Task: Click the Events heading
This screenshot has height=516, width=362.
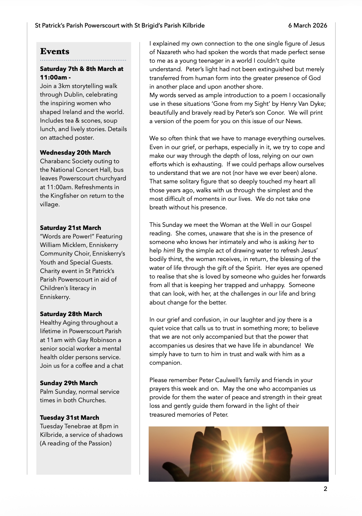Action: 55,51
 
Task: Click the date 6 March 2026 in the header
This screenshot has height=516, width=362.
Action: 307,25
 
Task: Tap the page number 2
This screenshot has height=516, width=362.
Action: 325,489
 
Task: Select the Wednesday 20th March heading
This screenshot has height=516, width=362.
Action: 75,153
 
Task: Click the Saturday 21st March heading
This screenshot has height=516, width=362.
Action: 70,228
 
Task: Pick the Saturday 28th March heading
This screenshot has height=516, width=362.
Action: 71,314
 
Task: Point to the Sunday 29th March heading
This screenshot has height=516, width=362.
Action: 69,383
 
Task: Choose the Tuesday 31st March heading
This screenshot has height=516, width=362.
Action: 69,418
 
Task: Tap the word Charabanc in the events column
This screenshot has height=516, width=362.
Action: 53,161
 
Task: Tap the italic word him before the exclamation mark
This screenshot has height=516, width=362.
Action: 168,251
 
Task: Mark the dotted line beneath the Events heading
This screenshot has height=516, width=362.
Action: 83,60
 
